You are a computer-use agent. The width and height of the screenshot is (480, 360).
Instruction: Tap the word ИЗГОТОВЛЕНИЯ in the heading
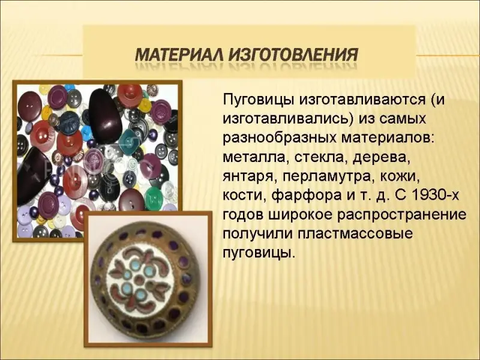coord(293,55)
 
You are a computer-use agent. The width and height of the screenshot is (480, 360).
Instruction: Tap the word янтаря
coord(248,178)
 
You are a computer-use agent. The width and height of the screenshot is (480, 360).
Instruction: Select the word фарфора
coord(307,196)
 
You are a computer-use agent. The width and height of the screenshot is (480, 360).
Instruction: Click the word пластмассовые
coord(355,234)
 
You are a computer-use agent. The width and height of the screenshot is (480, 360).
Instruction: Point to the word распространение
coord(402,215)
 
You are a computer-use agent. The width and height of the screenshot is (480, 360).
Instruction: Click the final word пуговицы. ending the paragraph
coord(259,253)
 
